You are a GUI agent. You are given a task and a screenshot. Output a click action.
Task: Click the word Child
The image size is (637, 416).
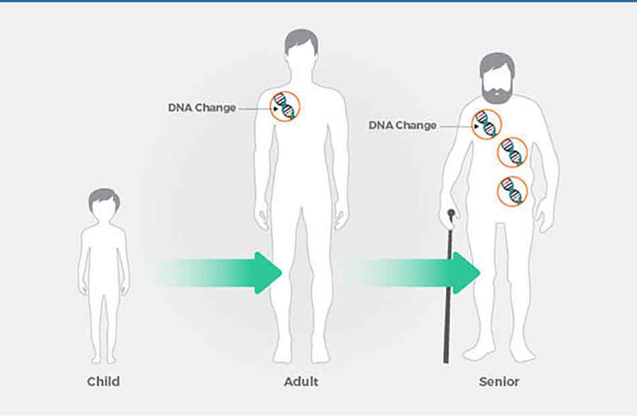click(103, 382)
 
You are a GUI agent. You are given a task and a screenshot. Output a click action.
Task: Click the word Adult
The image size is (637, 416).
click(301, 382)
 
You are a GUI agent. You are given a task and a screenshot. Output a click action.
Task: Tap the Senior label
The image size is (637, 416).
click(499, 382)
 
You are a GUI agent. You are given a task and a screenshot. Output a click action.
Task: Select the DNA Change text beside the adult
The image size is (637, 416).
click(202, 108)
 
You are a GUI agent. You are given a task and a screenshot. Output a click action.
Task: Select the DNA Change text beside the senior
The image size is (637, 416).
click(402, 125)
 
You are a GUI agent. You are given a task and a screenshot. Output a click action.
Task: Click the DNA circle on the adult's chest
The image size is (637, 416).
click(285, 107)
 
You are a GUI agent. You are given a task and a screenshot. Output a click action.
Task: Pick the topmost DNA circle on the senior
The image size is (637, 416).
click(486, 124)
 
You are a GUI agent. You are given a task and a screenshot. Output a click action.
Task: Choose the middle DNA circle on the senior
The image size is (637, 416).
click(512, 153)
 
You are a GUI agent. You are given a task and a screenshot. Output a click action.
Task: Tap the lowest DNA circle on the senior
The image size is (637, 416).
click(512, 191)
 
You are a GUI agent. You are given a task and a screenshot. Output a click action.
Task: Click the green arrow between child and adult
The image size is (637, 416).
click(219, 273)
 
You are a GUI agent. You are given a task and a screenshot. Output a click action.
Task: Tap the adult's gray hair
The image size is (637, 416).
click(301, 41)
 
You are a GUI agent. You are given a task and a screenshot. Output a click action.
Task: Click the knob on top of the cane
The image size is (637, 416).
click(451, 212)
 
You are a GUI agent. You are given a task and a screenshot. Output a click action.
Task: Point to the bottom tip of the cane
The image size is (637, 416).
click(446, 362)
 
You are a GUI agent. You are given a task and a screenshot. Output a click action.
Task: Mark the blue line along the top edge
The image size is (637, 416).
click(318, 1)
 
